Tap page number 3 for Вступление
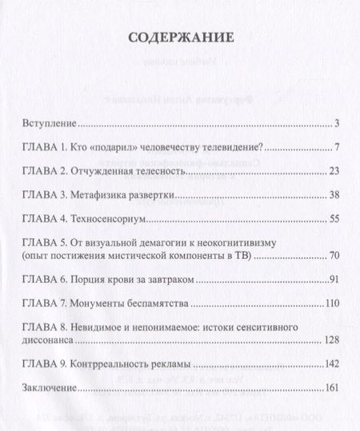coord(338,125)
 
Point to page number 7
coord(338,148)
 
